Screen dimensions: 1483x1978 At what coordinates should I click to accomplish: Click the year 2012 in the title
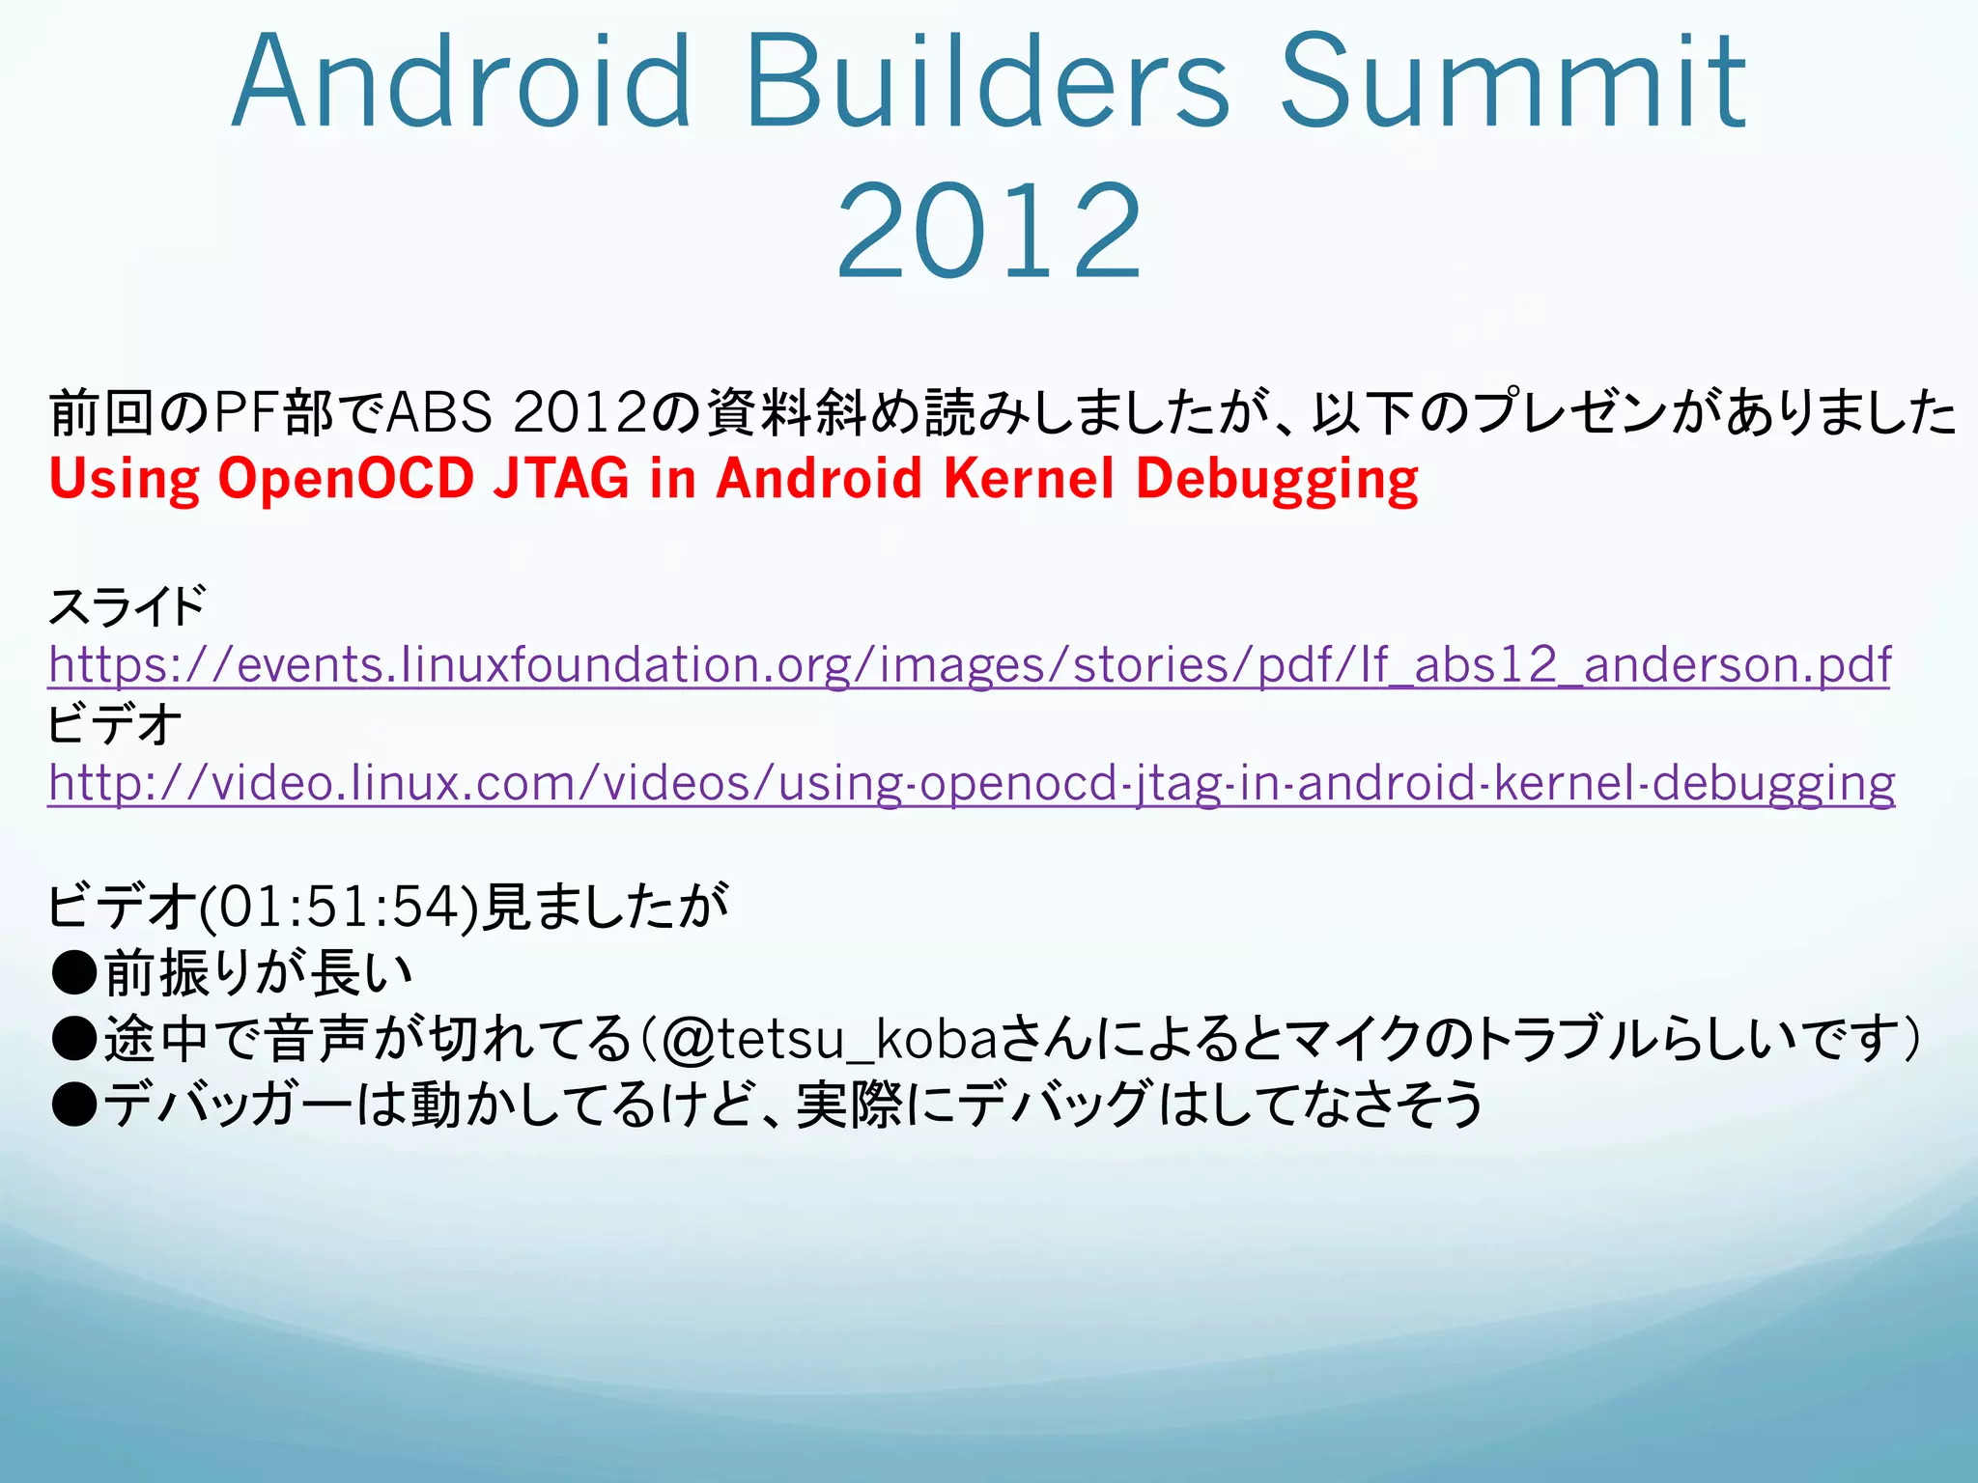pos(989,232)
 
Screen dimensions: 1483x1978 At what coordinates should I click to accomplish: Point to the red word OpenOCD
pos(346,479)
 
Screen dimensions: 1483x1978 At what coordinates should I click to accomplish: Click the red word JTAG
pos(561,479)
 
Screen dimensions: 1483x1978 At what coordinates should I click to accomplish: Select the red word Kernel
pos(1029,479)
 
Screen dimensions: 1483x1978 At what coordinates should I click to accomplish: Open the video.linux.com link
pos(971,783)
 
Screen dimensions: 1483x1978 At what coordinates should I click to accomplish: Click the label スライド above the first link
pos(127,607)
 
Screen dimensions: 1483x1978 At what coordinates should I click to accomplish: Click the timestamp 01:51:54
pos(338,908)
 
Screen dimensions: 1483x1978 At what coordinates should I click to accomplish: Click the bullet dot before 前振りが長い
pos(74,973)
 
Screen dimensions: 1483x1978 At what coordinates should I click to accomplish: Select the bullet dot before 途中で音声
pos(74,1039)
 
